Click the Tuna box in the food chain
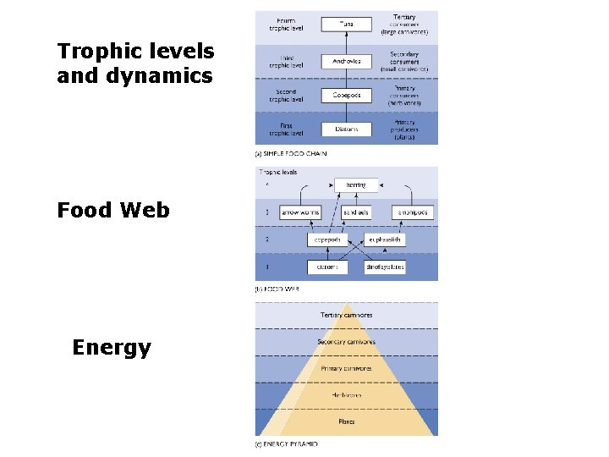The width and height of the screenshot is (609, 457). [x=347, y=25]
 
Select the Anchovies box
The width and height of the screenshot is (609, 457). [x=347, y=60]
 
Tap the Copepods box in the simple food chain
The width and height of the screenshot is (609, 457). [x=347, y=95]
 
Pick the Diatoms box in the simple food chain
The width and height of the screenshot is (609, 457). [x=347, y=129]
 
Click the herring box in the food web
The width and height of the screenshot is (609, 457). [x=356, y=184]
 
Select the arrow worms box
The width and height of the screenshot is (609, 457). [x=300, y=212]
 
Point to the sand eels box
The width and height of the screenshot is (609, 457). [x=357, y=212]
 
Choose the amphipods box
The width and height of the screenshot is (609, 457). [x=412, y=212]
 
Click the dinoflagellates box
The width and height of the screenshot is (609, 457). [x=385, y=267]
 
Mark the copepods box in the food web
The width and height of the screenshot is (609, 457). [x=327, y=240]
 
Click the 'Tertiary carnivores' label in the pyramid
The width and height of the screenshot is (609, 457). [x=346, y=315]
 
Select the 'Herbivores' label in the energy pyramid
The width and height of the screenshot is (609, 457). [x=346, y=394]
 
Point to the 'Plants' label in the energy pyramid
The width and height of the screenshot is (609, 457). [x=346, y=421]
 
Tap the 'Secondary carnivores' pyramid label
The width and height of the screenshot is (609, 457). [x=346, y=342]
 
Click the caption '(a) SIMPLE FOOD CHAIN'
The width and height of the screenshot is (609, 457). [x=291, y=154]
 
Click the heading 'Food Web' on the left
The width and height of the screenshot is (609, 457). [x=112, y=210]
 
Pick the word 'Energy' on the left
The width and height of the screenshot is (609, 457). [x=112, y=348]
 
